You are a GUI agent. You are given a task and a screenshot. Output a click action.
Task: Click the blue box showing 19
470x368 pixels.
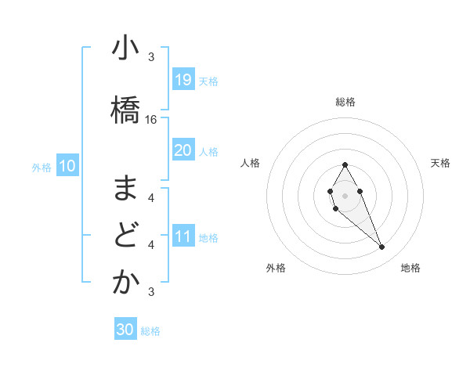tap(183, 80)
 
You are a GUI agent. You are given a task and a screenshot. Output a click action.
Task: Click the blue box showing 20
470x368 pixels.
tap(183, 150)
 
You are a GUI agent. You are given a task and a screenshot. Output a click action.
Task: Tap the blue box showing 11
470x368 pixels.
tap(183, 236)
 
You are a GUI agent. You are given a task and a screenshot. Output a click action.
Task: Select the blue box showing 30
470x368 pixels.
tap(125, 330)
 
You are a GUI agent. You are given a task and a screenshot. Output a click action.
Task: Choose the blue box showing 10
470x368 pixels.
tap(67, 165)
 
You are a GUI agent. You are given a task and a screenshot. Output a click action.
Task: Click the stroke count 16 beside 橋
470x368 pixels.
tap(151, 120)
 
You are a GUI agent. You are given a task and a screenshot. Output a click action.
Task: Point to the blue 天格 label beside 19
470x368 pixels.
tap(208, 81)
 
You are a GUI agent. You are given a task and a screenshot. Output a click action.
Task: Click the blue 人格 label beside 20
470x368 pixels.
tap(208, 152)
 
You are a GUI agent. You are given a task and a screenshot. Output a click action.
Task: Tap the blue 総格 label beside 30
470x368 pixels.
tap(150, 331)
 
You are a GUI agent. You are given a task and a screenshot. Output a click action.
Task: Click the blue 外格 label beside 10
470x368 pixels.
tap(42, 167)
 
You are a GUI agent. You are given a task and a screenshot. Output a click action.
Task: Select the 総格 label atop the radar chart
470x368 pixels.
tap(345, 102)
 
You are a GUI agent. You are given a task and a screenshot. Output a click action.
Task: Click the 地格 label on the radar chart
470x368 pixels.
tap(410, 268)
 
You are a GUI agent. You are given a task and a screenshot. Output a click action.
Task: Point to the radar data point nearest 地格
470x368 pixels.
tap(381, 247)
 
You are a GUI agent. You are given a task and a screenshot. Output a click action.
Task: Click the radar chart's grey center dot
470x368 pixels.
tap(345, 194)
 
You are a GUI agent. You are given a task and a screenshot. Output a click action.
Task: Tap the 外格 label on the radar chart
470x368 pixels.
tap(276, 268)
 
